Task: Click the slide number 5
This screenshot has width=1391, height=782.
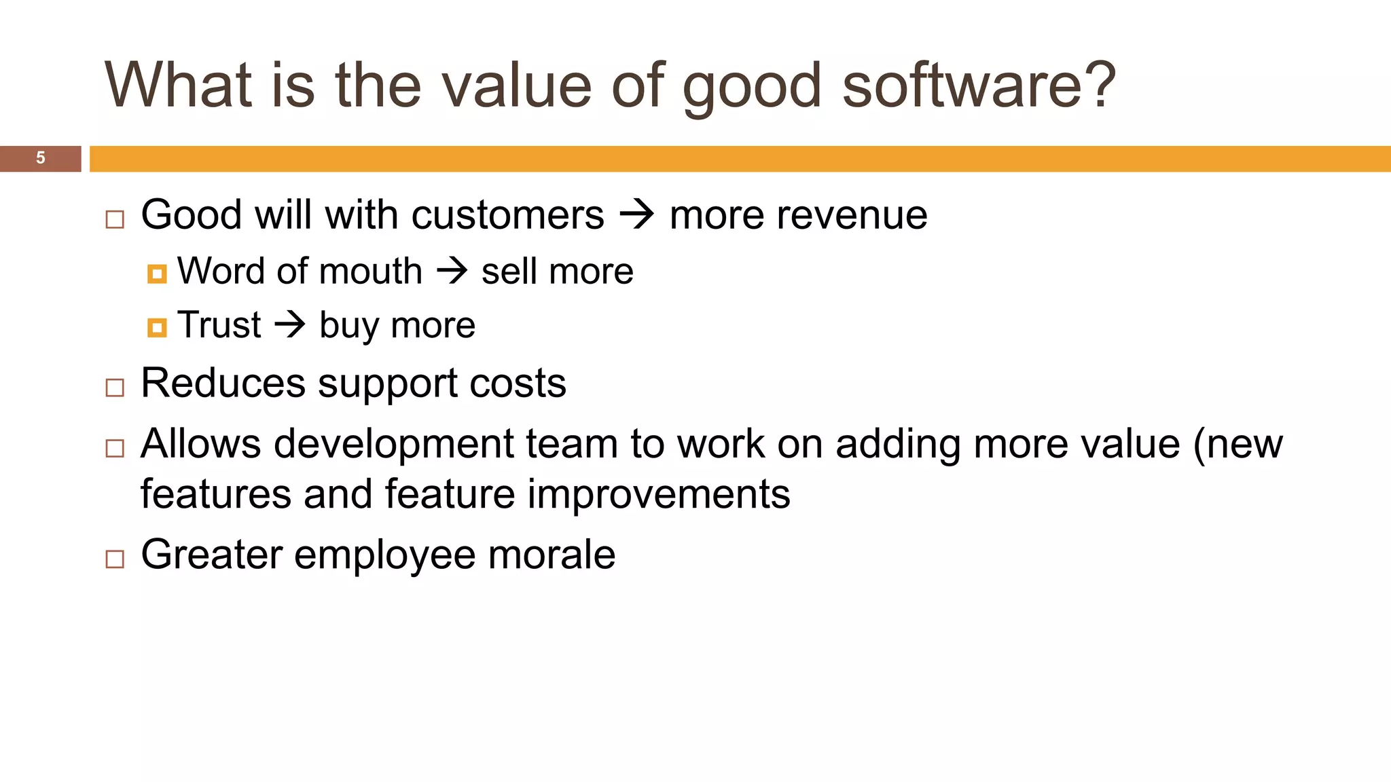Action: [x=41, y=158]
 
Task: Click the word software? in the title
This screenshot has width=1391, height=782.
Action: [x=979, y=86]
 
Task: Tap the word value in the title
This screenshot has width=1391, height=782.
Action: [x=517, y=86]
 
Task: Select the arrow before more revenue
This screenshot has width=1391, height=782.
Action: [x=636, y=215]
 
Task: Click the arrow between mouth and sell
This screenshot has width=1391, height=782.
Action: [x=452, y=272]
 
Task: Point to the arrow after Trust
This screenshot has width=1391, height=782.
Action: [x=290, y=324]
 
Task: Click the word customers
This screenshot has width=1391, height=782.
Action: [x=507, y=215]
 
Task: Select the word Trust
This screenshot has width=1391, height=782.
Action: [x=219, y=324]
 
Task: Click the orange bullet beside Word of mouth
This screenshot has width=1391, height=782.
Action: [x=157, y=274]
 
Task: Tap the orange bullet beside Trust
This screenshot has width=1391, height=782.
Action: [x=157, y=328]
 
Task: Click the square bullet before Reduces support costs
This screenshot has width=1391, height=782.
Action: [x=115, y=388]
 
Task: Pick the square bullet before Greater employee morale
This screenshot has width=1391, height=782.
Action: [x=115, y=559]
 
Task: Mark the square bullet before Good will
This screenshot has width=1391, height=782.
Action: [x=115, y=219]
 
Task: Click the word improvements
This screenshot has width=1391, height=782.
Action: [x=659, y=494]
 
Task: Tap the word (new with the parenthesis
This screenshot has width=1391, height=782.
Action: [x=1238, y=445]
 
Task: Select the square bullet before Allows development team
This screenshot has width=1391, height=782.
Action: [x=115, y=448]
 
